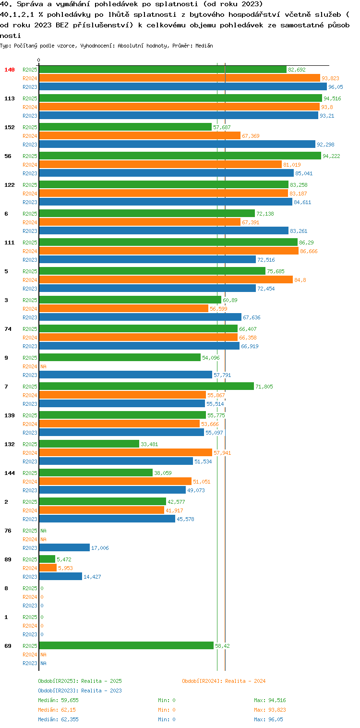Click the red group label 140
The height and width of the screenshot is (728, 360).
coord(10,70)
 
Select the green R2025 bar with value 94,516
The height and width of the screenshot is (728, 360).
coord(180,98)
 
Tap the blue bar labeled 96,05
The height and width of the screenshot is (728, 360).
coord(182,86)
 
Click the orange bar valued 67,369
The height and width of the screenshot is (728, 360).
coord(140,135)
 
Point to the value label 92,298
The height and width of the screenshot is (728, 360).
coord(325,145)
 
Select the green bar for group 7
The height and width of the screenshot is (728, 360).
coord(146,386)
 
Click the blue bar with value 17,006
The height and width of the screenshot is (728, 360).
coord(64,547)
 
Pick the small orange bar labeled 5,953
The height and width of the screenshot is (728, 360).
coord(48,568)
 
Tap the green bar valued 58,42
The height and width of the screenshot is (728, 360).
coord(126,645)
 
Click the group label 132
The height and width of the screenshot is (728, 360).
coord(10,444)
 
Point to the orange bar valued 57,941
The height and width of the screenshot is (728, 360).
coord(125,452)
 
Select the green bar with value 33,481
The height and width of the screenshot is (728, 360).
coord(89,444)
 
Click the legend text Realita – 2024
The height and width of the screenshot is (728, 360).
coord(245,681)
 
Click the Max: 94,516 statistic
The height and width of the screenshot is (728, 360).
coord(270,700)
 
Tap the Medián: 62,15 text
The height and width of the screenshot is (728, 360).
coord(57,710)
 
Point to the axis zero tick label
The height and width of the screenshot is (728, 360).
coord(39,60)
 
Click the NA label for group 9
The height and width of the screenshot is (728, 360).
coord(43,366)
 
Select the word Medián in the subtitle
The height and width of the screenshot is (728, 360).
coord(204,46)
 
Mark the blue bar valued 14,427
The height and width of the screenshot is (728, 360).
coord(60,576)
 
